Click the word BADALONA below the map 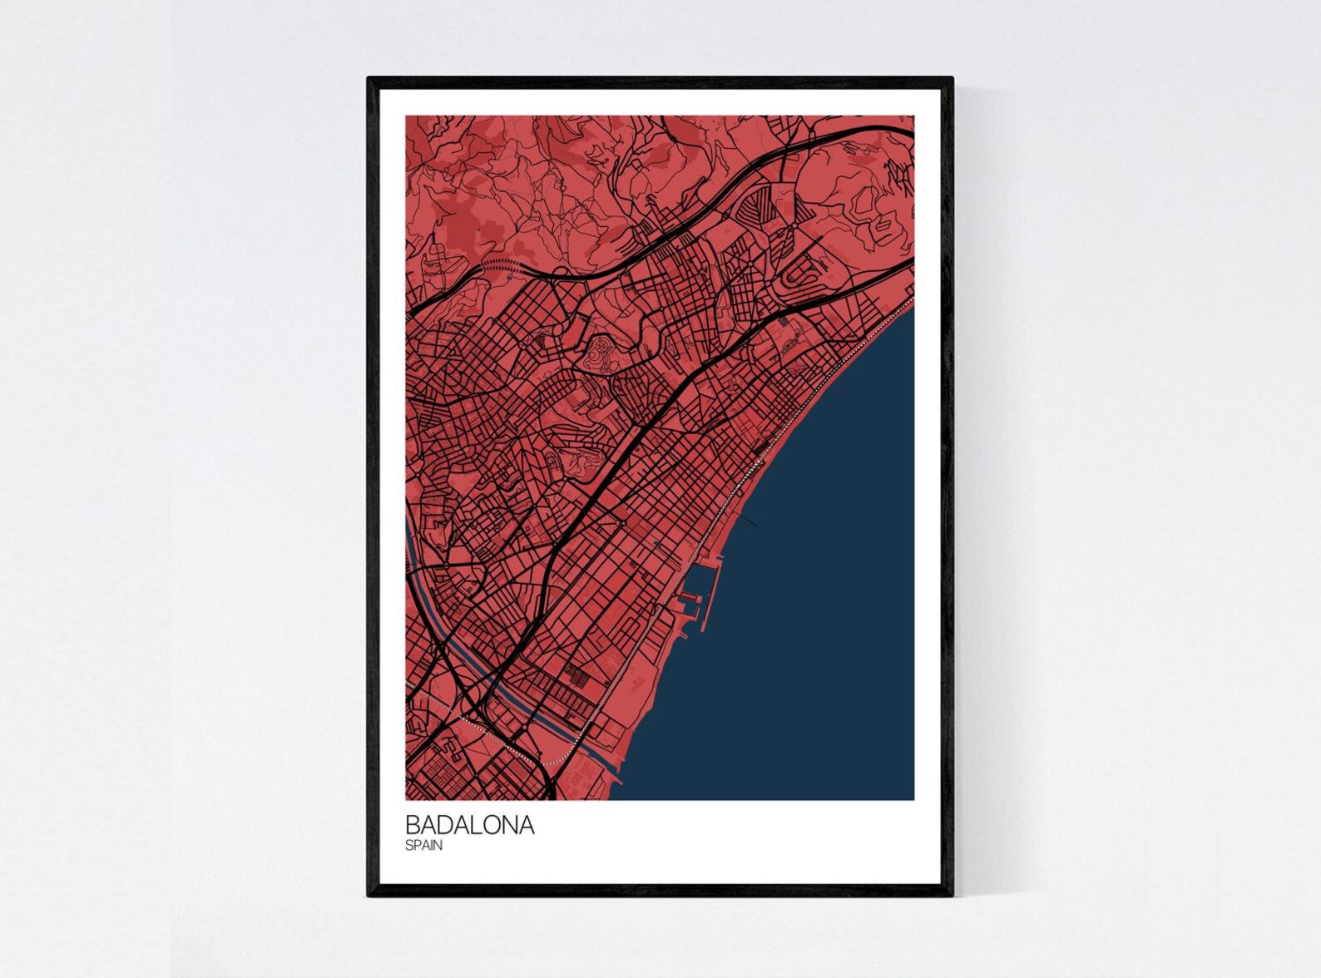pos(469,825)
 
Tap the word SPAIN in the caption pos(423,846)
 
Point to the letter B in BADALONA pos(412,825)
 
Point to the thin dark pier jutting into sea pos(747,521)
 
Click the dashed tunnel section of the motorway pos(499,264)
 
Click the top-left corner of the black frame pos(369,79)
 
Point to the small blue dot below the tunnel pos(507,280)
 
